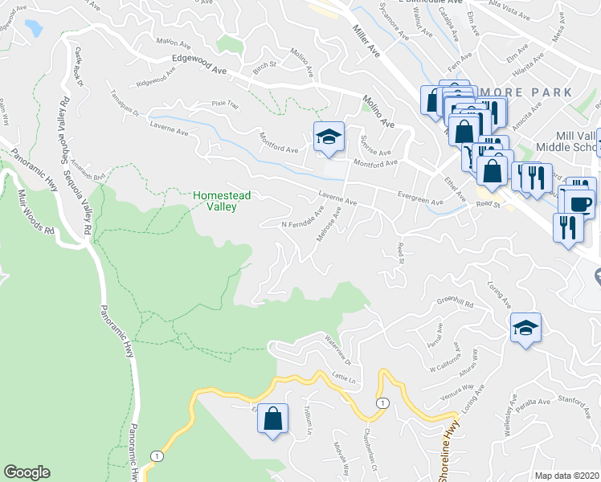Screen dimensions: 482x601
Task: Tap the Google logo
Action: click(x=27, y=472)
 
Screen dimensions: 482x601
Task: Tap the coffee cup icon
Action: click(x=580, y=202)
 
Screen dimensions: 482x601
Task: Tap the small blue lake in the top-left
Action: click(x=34, y=28)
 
